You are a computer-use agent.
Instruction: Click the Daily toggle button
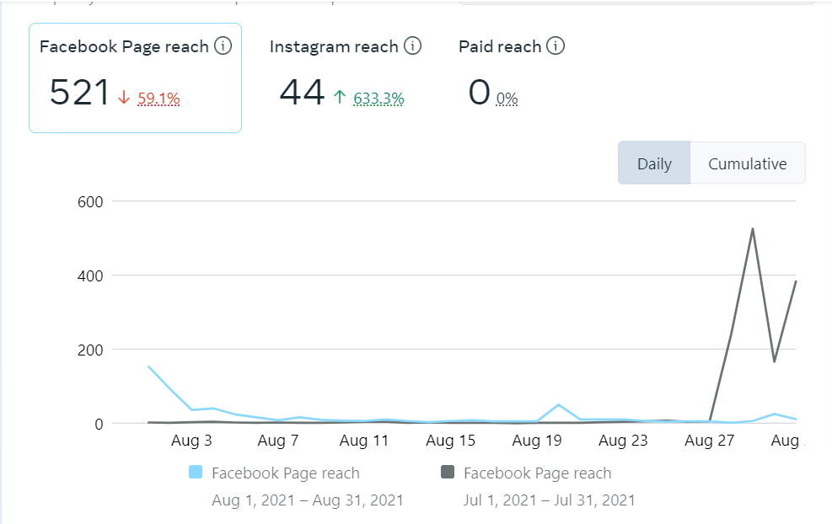click(654, 163)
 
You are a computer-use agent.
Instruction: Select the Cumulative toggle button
click(747, 163)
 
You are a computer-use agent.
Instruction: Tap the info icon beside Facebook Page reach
click(223, 46)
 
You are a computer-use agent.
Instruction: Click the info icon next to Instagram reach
click(412, 46)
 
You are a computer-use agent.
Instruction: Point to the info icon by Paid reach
click(555, 46)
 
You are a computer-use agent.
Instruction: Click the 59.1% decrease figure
click(158, 99)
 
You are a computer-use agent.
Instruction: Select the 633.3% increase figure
click(378, 99)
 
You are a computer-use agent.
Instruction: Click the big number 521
click(79, 92)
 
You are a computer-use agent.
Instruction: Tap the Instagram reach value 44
click(302, 92)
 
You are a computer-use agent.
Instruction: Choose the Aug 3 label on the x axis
click(191, 440)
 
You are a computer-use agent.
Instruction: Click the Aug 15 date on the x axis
click(451, 440)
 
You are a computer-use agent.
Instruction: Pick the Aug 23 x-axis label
click(624, 440)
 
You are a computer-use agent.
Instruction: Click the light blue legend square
click(196, 473)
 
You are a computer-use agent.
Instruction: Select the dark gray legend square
click(448, 473)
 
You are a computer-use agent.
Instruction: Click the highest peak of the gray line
click(752, 229)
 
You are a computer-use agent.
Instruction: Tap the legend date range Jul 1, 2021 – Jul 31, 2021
click(549, 500)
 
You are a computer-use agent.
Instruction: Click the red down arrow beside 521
click(124, 99)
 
